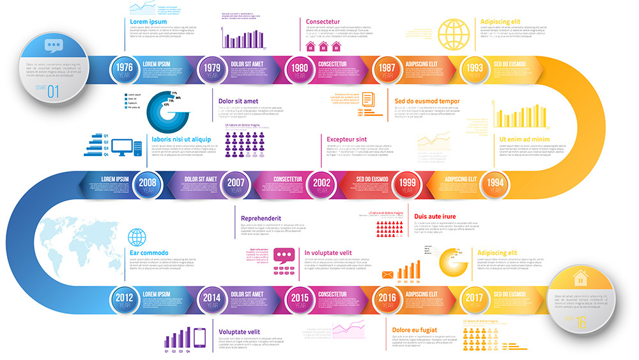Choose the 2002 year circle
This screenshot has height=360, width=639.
(321, 184)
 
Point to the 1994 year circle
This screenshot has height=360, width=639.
(495, 184)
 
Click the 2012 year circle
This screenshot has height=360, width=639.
(125, 299)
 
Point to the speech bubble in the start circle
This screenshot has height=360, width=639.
(54, 45)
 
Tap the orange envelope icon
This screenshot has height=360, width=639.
(387, 275)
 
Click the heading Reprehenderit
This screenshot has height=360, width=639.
(261, 218)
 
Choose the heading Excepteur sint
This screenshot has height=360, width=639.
(346, 139)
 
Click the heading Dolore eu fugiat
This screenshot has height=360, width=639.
(415, 330)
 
